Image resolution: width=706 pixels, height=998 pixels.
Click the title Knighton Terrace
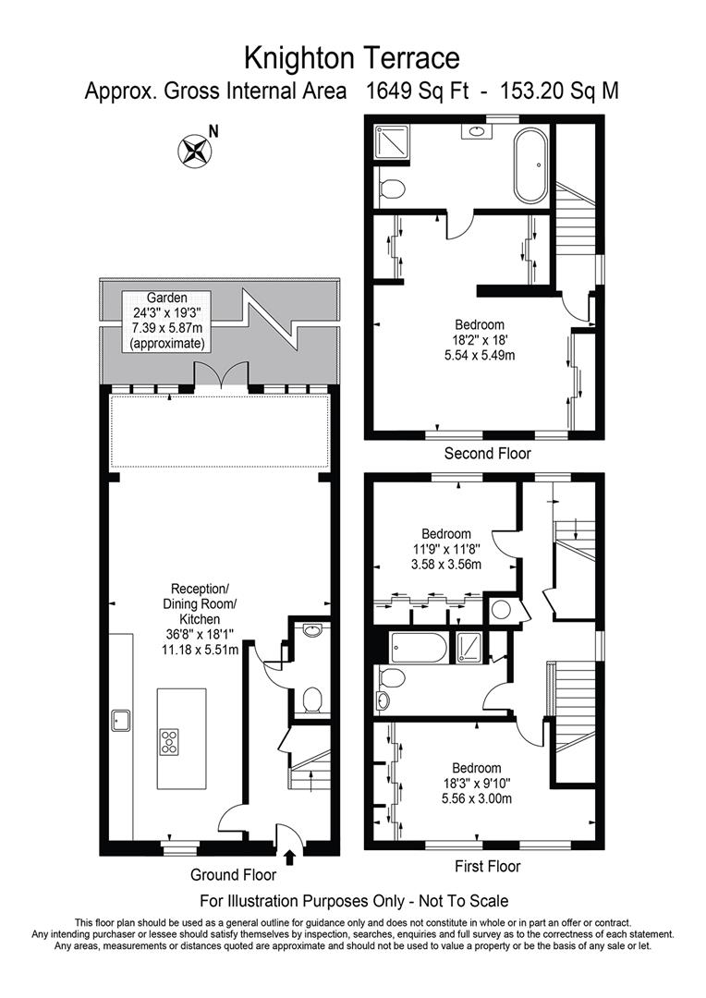click(x=352, y=58)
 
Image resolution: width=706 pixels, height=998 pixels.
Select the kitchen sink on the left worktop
click(x=120, y=718)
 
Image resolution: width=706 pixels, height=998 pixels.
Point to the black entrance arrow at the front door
click(x=292, y=858)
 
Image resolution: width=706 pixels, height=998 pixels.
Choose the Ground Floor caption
click(x=233, y=874)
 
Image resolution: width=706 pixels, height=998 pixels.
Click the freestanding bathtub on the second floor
click(x=530, y=166)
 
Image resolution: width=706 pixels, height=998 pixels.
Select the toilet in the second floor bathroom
click(x=392, y=190)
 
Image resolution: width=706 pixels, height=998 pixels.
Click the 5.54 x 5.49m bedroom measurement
click(x=480, y=355)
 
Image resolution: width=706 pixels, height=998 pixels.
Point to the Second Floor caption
click(x=487, y=454)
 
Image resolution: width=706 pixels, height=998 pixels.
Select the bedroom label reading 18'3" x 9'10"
click(x=476, y=784)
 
